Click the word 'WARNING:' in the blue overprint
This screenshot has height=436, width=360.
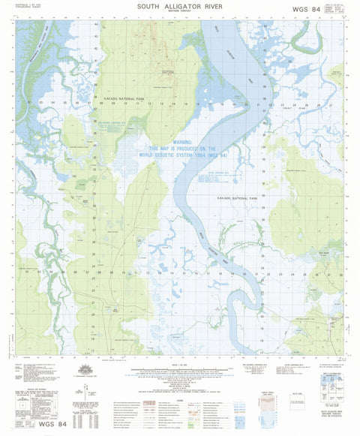click(x=178, y=142)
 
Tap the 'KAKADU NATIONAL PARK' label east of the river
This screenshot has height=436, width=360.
click(x=247, y=197)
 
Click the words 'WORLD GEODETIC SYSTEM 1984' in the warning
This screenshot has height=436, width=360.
click(x=180, y=155)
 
